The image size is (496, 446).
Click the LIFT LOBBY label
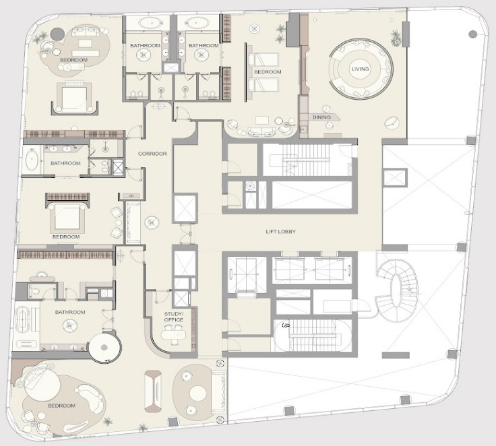[281, 232]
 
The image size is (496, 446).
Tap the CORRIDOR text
[152, 154]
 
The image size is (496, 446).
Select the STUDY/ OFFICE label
[174, 317]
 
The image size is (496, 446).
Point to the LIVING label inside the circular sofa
[360, 69]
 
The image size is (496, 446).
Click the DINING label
[322, 117]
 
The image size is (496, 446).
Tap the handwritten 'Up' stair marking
[286, 325]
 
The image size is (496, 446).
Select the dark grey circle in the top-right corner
[472, 34]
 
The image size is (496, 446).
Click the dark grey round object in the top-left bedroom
[58, 34]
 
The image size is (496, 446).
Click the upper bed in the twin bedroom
[264, 60]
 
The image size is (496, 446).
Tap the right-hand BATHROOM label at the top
[204, 45]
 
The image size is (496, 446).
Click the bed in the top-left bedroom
[74, 98]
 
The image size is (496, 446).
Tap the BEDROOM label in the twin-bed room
[268, 72]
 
